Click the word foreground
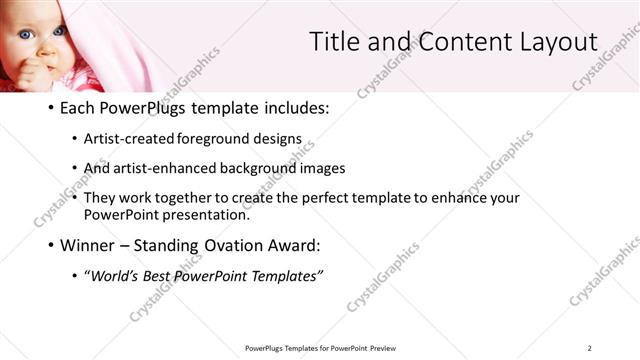coord(221,140)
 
